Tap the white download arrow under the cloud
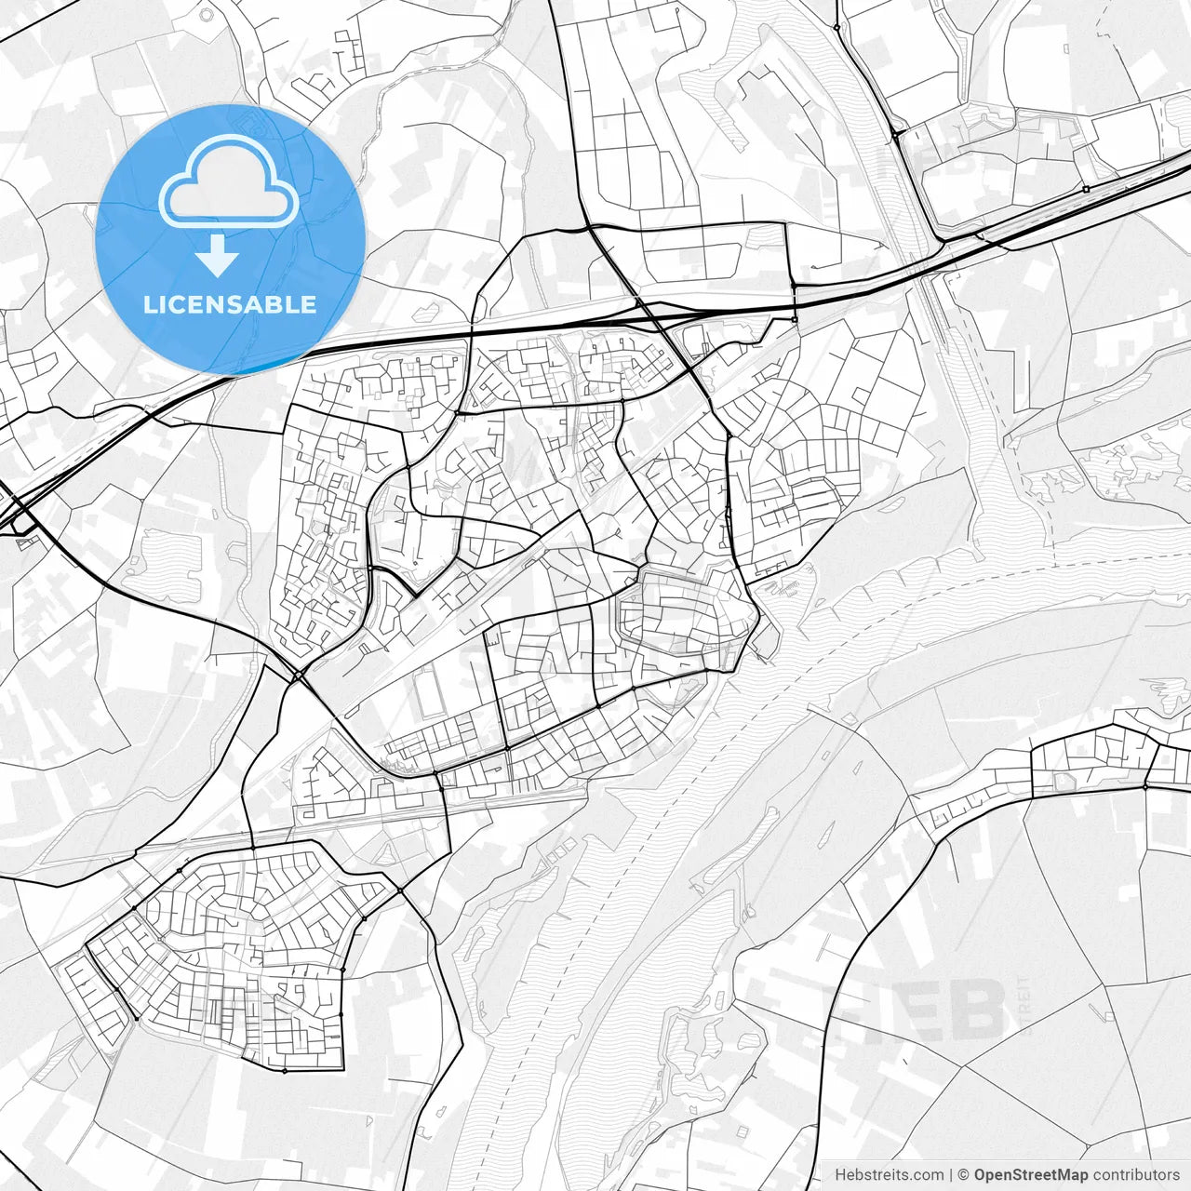(218, 255)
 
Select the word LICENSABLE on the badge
(230, 304)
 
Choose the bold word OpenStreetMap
(1031, 1175)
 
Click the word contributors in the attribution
(1136, 1175)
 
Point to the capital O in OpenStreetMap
(981, 1175)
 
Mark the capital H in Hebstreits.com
(840, 1175)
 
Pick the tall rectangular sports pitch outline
(428, 694)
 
